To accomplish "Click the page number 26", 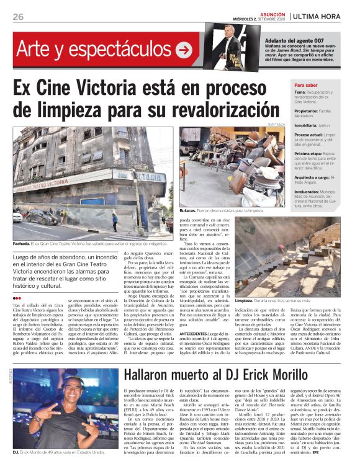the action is tap(18, 16).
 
